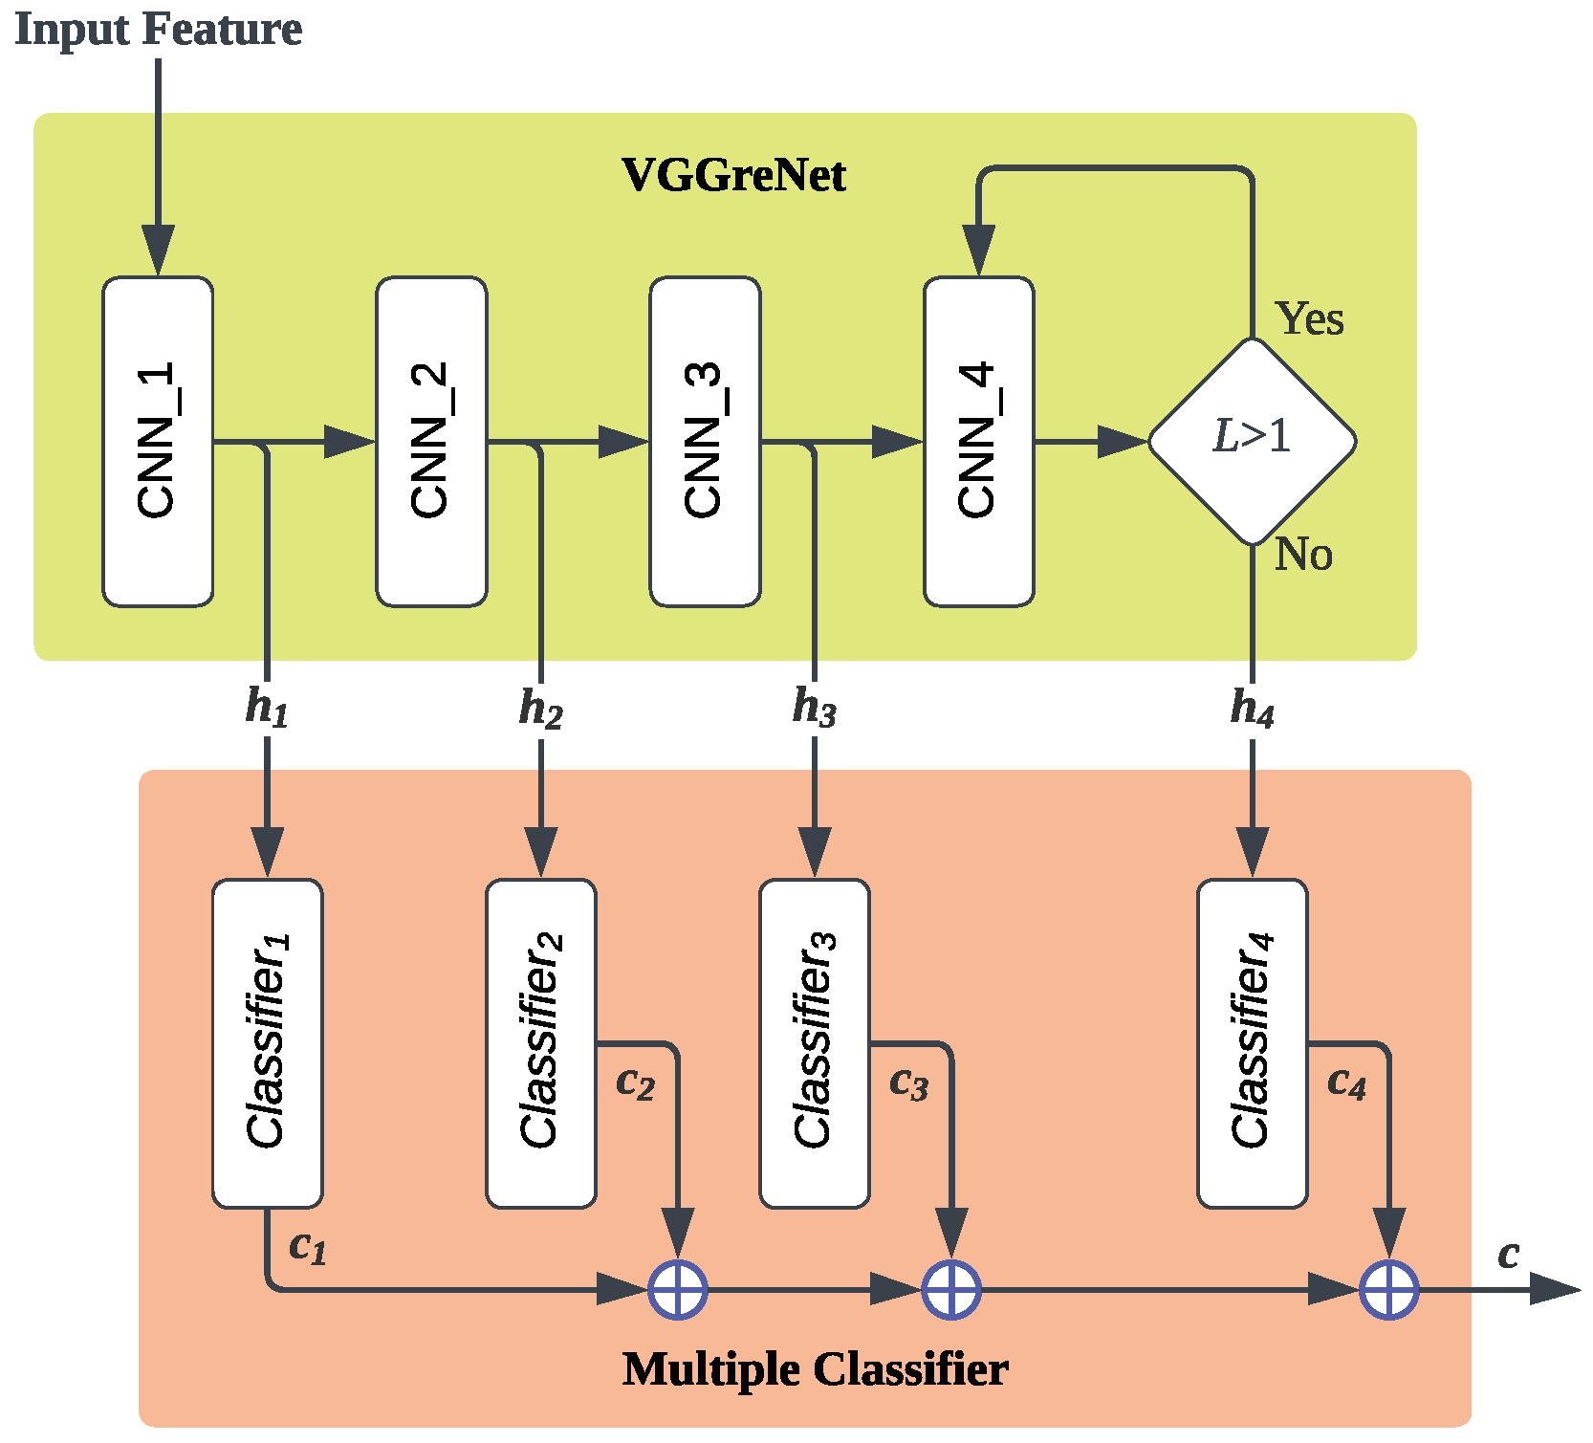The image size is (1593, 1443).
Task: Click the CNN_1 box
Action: [x=158, y=442]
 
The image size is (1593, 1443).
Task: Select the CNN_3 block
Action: [x=705, y=442]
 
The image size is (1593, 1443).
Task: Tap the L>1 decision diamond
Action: [x=1252, y=441]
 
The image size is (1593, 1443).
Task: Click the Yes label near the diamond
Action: [x=1309, y=318]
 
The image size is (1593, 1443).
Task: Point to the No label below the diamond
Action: [x=1303, y=554]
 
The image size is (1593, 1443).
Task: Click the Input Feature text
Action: [x=159, y=29]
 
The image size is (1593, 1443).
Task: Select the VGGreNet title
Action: [x=733, y=175]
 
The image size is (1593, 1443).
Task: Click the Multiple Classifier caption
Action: [x=815, y=1368]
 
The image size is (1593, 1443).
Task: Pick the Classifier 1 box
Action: [x=267, y=1043]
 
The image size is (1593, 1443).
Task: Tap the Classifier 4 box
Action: [x=1252, y=1043]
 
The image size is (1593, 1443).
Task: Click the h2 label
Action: [x=540, y=709]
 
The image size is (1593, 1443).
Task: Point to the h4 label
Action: [x=1252, y=709]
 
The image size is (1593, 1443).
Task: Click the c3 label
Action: [x=908, y=1083]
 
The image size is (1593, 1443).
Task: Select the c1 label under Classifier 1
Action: [x=308, y=1247]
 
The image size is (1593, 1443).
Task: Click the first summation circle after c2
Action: [x=678, y=1289]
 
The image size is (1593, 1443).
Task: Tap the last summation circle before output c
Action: [x=1388, y=1289]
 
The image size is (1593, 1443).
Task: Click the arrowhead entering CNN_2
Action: [x=350, y=442]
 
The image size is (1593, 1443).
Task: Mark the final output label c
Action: [x=1508, y=1254]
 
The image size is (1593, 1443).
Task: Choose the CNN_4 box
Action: [x=978, y=442]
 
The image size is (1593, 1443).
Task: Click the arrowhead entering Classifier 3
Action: [x=815, y=852]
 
